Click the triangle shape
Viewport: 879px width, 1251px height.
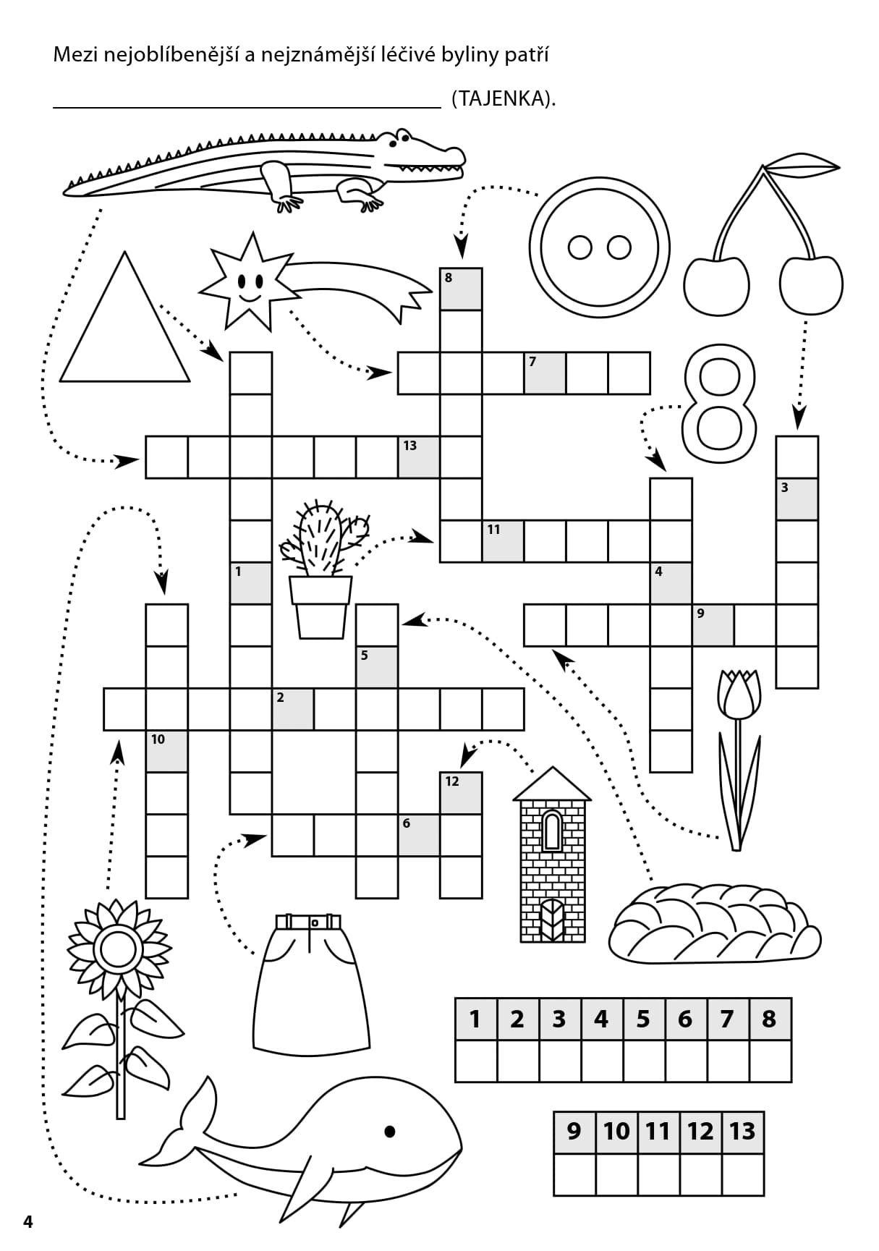point(124,333)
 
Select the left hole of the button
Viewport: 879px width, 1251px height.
point(580,247)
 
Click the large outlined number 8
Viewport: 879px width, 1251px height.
point(718,402)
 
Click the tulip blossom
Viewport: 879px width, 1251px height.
point(739,694)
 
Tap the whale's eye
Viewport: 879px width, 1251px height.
point(391,1132)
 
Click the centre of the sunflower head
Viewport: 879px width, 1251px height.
point(117,949)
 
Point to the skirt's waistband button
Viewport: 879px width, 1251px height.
point(314,923)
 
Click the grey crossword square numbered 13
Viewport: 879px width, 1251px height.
point(419,457)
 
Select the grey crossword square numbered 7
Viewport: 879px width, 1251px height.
point(545,373)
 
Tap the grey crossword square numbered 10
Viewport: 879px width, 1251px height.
point(167,751)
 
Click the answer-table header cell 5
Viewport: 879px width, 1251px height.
point(643,1019)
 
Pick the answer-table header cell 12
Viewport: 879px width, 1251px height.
point(700,1131)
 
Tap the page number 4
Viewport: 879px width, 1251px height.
point(28,1222)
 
